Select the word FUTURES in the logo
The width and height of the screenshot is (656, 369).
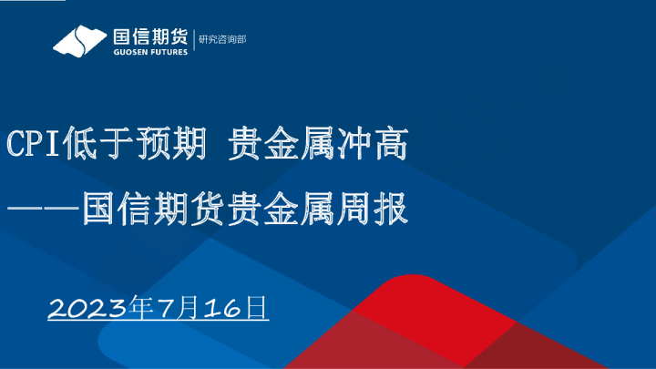pyautogui.click(x=166, y=52)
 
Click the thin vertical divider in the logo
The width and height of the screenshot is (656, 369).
pyautogui.click(x=193, y=41)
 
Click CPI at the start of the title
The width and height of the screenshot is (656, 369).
pyautogui.click(x=35, y=145)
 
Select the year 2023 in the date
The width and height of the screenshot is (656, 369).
pyautogui.click(x=87, y=307)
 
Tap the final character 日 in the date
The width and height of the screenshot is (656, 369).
pyautogui.click(x=257, y=306)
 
